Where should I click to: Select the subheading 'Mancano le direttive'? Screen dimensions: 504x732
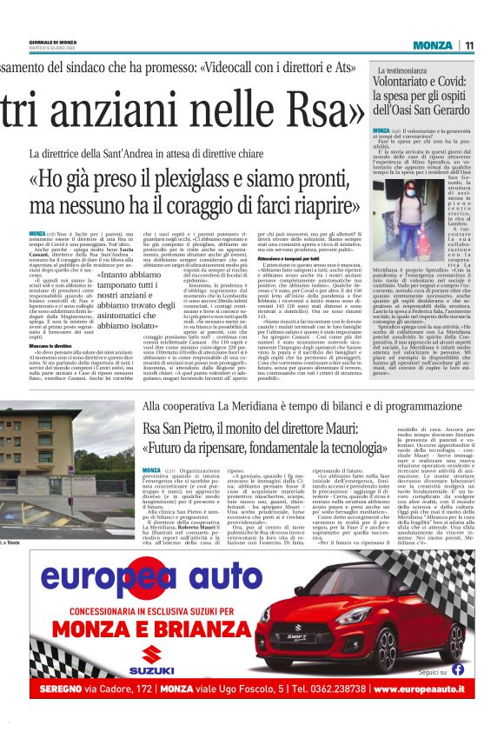(x=55, y=346)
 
